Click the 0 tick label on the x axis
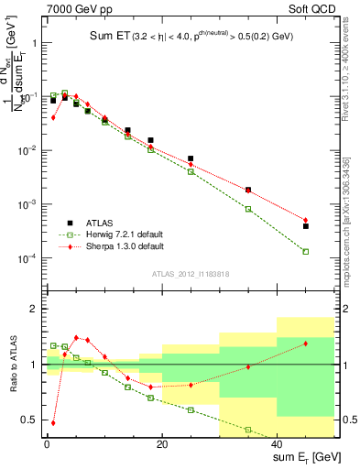[47, 445]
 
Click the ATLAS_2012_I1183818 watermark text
[191, 274]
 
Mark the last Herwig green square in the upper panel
[306, 251]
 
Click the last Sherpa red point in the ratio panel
[306, 343]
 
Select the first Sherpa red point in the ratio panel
[53, 423]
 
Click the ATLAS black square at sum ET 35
[248, 190]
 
